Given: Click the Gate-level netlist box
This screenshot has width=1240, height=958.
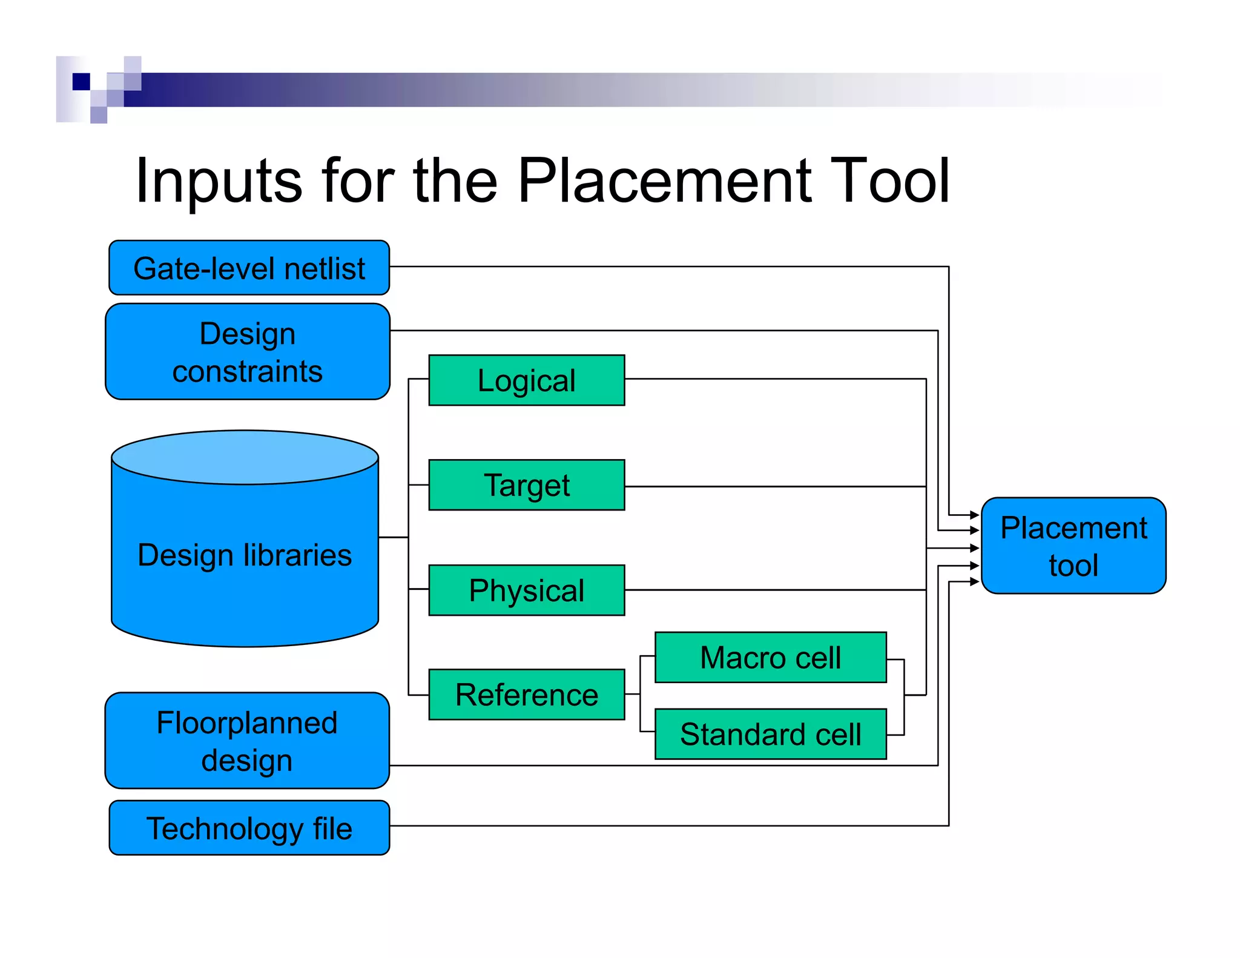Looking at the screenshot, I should click(249, 268).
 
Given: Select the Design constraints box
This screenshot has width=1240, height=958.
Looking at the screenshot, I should click(248, 352).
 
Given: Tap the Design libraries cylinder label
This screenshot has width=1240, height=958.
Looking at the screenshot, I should click(245, 555).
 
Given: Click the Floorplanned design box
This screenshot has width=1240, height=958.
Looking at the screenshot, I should click(247, 741).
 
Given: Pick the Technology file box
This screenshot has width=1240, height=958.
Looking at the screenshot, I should click(249, 828).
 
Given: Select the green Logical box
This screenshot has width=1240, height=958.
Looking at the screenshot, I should click(526, 380).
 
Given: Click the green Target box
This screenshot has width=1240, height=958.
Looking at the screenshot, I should click(526, 485).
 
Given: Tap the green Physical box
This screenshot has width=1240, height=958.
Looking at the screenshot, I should click(526, 590).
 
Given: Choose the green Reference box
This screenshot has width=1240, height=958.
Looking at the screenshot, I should click(526, 695).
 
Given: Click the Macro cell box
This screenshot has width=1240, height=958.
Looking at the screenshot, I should click(770, 658).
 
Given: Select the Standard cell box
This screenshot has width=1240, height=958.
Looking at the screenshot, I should click(770, 734).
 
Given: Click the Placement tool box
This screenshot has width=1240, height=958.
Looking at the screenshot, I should click(1073, 546).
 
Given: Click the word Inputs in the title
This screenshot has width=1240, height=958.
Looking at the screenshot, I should click(219, 181).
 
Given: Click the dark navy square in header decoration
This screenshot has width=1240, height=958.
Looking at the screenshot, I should click(81, 81).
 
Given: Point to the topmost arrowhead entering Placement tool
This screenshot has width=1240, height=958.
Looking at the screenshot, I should click(974, 515).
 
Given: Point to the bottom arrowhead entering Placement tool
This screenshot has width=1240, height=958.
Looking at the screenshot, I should click(974, 582).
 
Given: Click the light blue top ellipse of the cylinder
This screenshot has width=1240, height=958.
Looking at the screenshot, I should click(245, 457).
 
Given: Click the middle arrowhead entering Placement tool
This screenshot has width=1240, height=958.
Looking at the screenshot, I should click(974, 548).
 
